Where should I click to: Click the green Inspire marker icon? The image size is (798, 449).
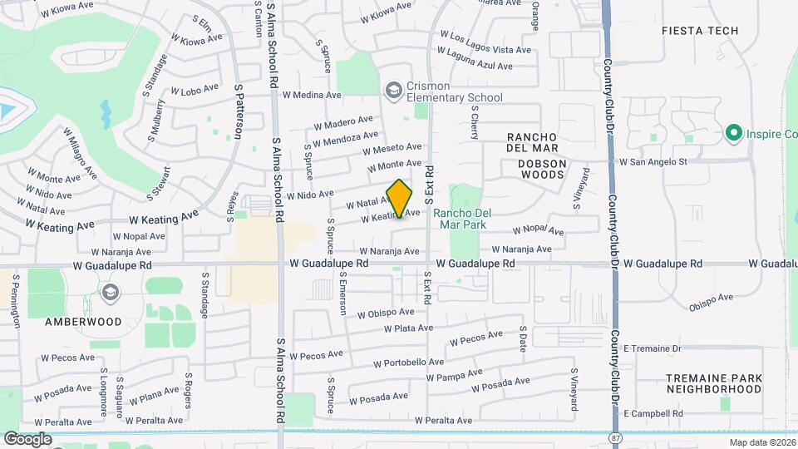click(x=733, y=132)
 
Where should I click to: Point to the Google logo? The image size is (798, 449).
click(x=27, y=438)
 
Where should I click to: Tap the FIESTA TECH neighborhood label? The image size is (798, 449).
click(x=699, y=31)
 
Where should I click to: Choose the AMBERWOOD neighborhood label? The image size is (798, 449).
click(x=83, y=321)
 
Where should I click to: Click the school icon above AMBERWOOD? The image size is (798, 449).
click(x=110, y=293)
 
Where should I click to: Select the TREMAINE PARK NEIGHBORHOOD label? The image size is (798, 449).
click(x=714, y=383)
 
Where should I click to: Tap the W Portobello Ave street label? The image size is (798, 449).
click(x=408, y=363)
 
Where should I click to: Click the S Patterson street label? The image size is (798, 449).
click(x=239, y=113)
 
